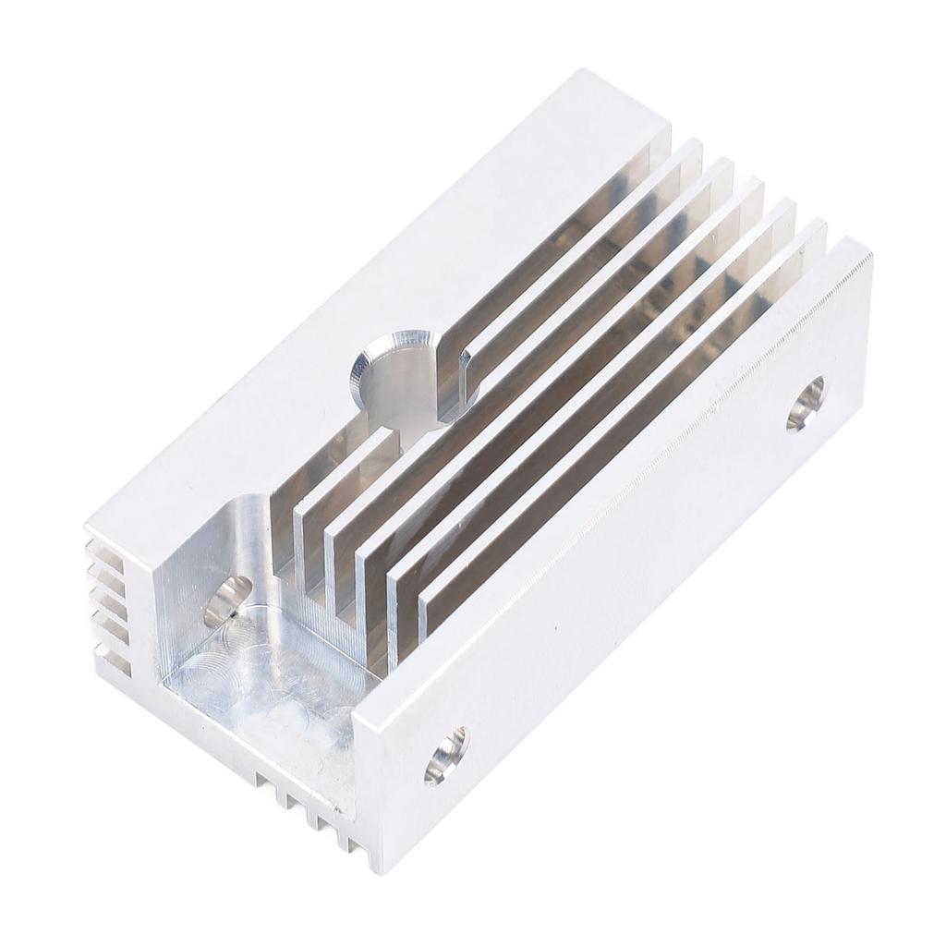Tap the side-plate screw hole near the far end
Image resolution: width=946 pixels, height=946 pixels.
[806, 403]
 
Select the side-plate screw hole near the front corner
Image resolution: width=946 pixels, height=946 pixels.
[446, 755]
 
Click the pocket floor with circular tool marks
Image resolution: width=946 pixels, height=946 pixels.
[268, 674]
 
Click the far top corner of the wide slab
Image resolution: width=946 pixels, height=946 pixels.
[582, 72]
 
